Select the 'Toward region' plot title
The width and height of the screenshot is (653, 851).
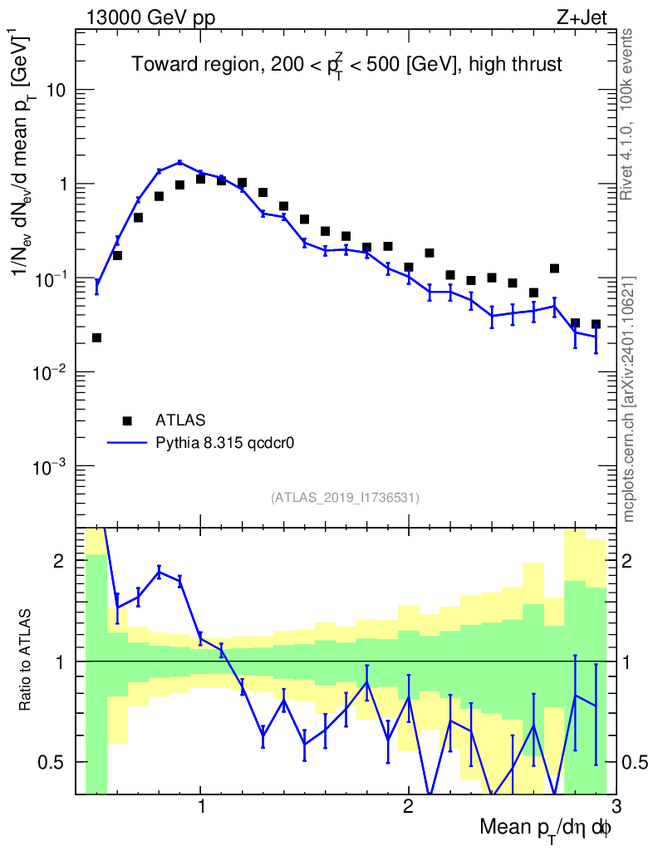346,66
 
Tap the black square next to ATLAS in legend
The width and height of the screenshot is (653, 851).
127,420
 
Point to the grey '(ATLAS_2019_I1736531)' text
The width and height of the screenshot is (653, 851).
345,498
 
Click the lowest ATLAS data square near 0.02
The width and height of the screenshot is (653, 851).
96,337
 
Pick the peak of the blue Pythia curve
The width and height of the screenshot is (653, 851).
179,162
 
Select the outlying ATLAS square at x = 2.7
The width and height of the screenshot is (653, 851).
554,268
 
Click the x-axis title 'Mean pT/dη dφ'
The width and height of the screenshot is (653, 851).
545,829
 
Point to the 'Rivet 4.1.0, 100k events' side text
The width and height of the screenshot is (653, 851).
628,113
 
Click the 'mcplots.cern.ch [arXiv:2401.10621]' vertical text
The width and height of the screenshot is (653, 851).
628,399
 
